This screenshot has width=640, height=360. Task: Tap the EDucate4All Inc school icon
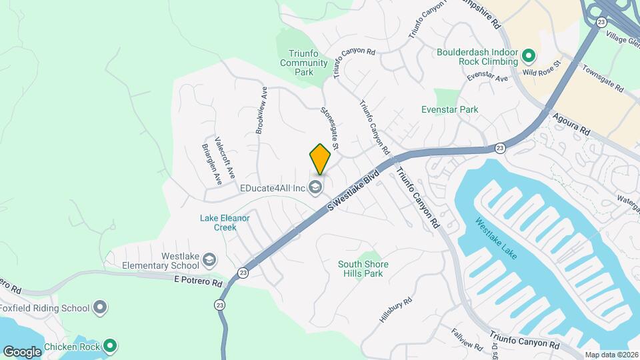click(x=316, y=187)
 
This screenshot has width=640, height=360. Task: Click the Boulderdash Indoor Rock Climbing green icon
click(x=529, y=55)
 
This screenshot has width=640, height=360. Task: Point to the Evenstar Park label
click(x=450, y=109)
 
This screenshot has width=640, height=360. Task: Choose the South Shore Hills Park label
click(x=363, y=269)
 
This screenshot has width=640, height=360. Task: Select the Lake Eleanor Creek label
click(x=225, y=222)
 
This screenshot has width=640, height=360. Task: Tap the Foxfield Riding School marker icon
click(x=100, y=308)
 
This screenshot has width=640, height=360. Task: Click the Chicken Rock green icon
click(x=111, y=347)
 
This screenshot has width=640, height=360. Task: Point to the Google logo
click(x=22, y=351)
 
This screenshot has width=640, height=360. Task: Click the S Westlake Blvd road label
click(x=353, y=191)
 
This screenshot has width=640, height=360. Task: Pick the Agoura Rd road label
click(x=572, y=124)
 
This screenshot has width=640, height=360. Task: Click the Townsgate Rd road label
click(x=602, y=79)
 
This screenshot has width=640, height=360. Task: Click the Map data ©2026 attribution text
click(x=611, y=355)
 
